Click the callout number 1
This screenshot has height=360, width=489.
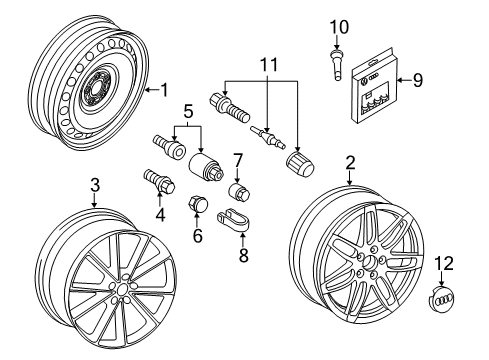[x=164, y=90]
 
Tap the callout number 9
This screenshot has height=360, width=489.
[x=417, y=80]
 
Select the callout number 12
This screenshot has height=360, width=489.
[x=444, y=263]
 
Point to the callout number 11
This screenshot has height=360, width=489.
[x=269, y=65]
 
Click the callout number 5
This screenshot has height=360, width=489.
[x=188, y=112]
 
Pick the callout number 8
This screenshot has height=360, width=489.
[x=244, y=255]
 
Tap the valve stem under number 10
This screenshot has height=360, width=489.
[x=336, y=65]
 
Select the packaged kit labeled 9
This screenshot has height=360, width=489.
[x=373, y=87]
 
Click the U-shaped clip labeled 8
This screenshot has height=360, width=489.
[x=235, y=219]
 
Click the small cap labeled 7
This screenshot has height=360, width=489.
[x=239, y=191]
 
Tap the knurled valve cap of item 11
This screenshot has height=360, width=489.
[x=300, y=164]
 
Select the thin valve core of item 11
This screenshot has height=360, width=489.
[x=268, y=137]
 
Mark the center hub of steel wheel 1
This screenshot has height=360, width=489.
[x=98, y=88]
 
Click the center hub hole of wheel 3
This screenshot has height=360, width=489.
[x=122, y=290]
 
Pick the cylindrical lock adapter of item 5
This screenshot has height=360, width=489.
[x=206, y=166]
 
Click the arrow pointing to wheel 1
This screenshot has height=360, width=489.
[x=152, y=90]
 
